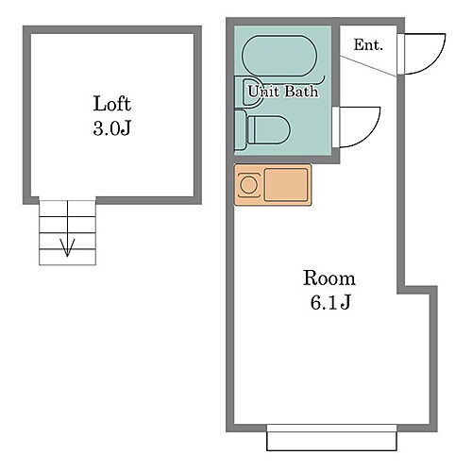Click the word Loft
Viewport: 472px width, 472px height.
pyautogui.click(x=111, y=104)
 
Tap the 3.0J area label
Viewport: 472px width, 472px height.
pyautogui.click(x=111, y=128)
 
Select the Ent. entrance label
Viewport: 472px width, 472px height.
pyautogui.click(x=367, y=44)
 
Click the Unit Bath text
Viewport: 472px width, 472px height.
pyautogui.click(x=282, y=93)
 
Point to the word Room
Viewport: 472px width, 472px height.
pyautogui.click(x=329, y=278)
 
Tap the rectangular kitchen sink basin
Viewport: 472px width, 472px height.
pyautogui.click(x=286, y=184)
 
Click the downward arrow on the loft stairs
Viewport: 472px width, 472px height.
pyautogui.click(x=67, y=247)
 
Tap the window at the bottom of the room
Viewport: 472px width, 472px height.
pyautogui.click(x=331, y=438)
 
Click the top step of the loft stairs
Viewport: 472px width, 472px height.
pyautogui.click(x=67, y=207)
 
